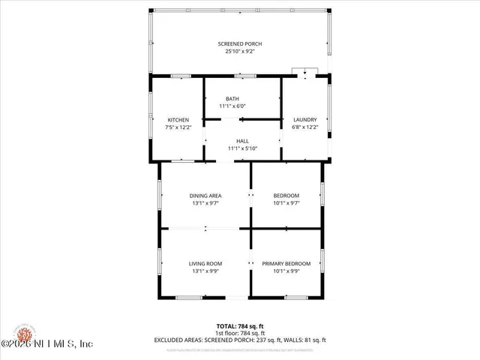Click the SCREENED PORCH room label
[240, 43]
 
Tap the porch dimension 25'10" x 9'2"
[240, 52]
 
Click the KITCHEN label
[178, 120]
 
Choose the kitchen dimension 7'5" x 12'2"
[178, 127]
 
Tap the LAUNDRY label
[304, 120]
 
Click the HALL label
[242, 141]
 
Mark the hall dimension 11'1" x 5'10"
[242, 148]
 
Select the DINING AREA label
[205, 196]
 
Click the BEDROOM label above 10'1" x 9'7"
[286, 196]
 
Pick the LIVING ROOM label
[205, 263]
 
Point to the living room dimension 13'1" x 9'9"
[205, 271]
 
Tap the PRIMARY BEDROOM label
[286, 263]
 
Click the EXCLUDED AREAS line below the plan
[240, 339]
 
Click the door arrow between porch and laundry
[305, 73]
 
